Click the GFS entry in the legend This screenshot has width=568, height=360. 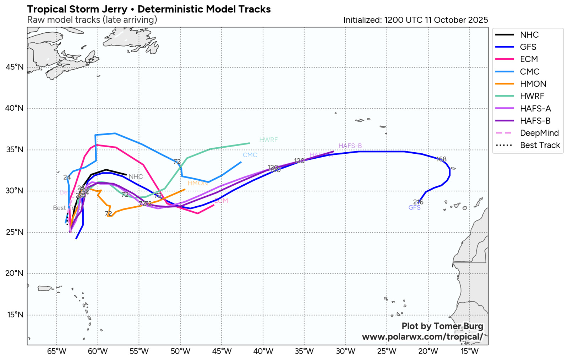528,47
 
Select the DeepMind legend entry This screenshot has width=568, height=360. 539,133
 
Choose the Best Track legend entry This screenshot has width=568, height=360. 540,145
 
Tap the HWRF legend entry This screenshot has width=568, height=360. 532,96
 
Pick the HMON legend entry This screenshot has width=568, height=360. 533,84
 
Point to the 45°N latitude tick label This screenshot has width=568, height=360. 15,67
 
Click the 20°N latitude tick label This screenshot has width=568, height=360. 15,273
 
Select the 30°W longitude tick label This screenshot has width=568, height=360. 345,351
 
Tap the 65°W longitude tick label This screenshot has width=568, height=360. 56,351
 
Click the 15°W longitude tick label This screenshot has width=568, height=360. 469,351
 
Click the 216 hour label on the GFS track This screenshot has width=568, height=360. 418,202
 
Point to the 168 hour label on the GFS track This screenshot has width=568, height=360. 441,159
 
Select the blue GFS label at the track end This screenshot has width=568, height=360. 414,208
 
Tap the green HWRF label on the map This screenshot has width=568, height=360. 268,140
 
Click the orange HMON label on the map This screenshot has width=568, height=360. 197,183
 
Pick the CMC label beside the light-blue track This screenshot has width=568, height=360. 250,155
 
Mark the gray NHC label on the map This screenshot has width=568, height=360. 136,177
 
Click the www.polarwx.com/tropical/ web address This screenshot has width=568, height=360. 422,337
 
